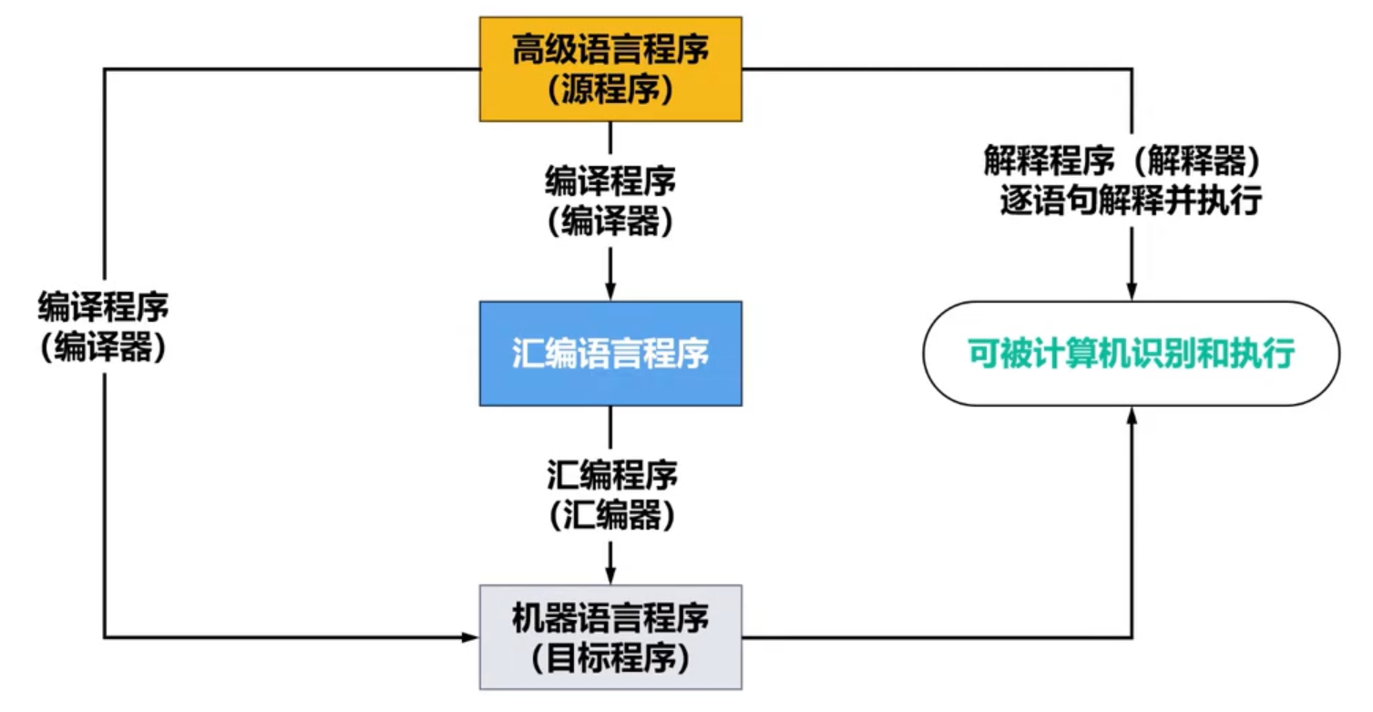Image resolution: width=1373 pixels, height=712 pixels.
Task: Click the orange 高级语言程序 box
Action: pyautogui.click(x=610, y=69)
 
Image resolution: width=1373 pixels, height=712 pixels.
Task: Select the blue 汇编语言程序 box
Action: pyautogui.click(x=610, y=354)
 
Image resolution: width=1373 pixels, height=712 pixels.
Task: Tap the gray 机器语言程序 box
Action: pyautogui.click(x=610, y=637)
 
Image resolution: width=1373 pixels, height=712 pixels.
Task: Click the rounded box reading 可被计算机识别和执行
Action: pyautogui.click(x=1132, y=354)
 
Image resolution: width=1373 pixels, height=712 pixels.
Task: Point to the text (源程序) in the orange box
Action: pyautogui.click(x=610, y=89)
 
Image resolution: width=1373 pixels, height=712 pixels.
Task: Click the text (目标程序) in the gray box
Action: pyautogui.click(x=610, y=657)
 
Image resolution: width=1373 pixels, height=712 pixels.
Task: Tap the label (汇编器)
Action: pyautogui.click(x=610, y=517)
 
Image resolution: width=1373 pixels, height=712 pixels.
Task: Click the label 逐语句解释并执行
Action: pyautogui.click(x=1132, y=201)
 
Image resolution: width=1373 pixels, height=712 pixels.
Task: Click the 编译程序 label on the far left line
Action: pyautogui.click(x=103, y=307)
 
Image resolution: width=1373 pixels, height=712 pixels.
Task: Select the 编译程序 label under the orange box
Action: pyautogui.click(x=610, y=181)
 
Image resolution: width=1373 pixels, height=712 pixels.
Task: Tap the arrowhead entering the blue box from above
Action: pyautogui.click(x=610, y=292)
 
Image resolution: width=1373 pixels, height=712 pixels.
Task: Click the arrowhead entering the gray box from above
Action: pyautogui.click(x=610, y=575)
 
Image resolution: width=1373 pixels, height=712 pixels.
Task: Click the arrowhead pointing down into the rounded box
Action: pyautogui.click(x=1132, y=292)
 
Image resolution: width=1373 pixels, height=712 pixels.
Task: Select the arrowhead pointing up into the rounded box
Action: pyautogui.click(x=1132, y=416)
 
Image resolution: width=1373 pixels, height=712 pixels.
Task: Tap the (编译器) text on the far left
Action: pyautogui.click(x=103, y=348)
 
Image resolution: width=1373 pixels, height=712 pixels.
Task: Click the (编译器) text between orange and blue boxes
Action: pyautogui.click(x=610, y=222)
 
